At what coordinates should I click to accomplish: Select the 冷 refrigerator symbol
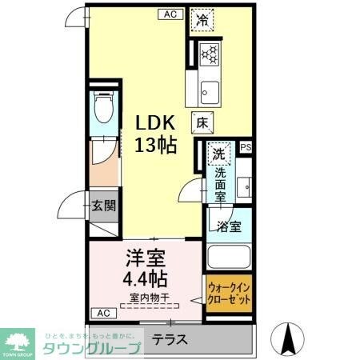203,22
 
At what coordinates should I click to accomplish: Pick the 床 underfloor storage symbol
202,123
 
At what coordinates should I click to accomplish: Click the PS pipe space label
245,147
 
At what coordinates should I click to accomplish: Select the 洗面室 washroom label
220,181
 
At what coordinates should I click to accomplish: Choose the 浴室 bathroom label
230,226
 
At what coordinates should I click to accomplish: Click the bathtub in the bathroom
230,258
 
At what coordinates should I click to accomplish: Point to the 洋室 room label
144,258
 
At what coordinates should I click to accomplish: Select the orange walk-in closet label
229,293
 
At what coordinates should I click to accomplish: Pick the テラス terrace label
170,339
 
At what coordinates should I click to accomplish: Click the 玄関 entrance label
103,204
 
